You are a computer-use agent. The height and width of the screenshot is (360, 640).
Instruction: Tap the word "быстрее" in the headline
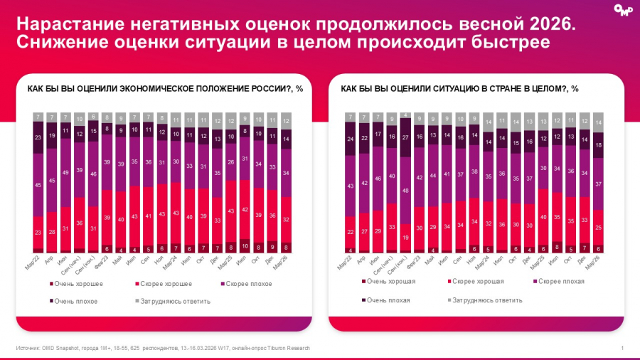click(x=513, y=43)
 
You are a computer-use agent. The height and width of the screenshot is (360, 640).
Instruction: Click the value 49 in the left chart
click(x=66, y=173)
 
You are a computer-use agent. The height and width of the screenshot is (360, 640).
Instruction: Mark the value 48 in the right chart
click(x=406, y=191)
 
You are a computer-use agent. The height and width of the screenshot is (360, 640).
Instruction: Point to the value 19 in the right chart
click(x=406, y=237)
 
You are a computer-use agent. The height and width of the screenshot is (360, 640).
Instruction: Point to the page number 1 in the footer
click(x=622, y=347)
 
